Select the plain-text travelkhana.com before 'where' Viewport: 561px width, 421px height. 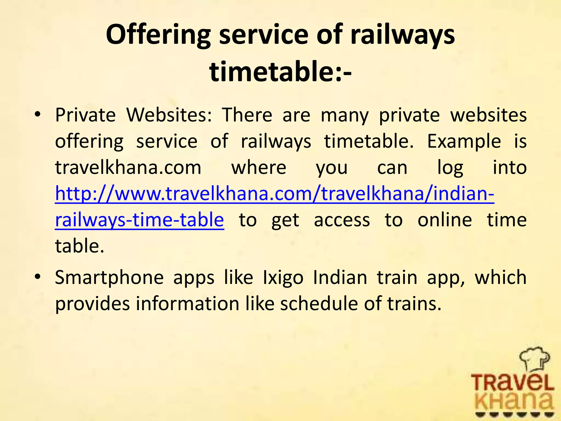coord(128,167)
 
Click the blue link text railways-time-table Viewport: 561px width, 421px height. coord(139,220)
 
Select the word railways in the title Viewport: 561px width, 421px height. coord(402,35)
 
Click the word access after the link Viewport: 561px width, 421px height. coord(342,220)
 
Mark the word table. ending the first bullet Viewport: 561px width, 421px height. coord(80,246)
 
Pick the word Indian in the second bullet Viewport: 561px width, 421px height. coord(340,277)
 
